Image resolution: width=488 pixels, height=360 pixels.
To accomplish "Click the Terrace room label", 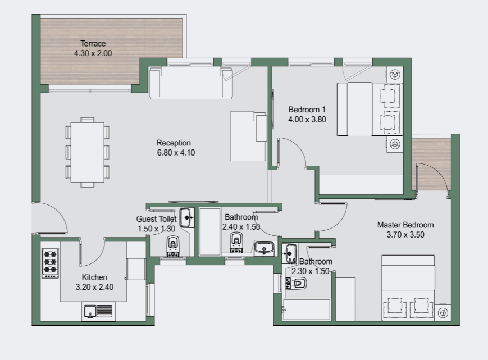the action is point(93,44).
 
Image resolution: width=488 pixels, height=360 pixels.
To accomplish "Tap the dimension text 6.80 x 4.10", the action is point(176,153).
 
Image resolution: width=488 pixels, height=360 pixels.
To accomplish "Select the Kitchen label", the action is point(94,277).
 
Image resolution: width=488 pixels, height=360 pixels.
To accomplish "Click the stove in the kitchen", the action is point(50,263).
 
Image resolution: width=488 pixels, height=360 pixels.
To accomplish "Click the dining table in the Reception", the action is point(88,152).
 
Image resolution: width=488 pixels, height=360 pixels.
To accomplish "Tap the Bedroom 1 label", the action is point(307,110).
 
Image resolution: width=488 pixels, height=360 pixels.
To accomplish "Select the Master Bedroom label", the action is point(405,225).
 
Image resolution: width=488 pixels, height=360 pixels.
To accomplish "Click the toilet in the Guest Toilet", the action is point(173,246).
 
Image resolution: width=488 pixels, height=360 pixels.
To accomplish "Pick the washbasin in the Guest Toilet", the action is point(186,217).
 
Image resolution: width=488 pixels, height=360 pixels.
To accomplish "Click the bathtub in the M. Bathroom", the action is point(306,309).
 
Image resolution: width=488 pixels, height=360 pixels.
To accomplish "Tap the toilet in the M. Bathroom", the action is point(296,284).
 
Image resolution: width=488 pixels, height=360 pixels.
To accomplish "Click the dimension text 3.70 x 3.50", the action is point(405,235).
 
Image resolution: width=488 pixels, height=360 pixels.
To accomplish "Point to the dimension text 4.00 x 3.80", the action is point(307,120).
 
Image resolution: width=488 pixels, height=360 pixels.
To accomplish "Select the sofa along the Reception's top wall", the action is point(191,83).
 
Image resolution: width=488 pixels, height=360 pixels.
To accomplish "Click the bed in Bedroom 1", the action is point(370,109).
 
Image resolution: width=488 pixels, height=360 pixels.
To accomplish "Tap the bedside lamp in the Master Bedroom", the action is point(443,313).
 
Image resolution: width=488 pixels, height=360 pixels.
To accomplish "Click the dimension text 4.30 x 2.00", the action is point(93,53).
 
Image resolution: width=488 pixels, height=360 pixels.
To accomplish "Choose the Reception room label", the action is point(174,143).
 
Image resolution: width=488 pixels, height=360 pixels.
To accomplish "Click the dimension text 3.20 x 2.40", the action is point(94,287).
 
